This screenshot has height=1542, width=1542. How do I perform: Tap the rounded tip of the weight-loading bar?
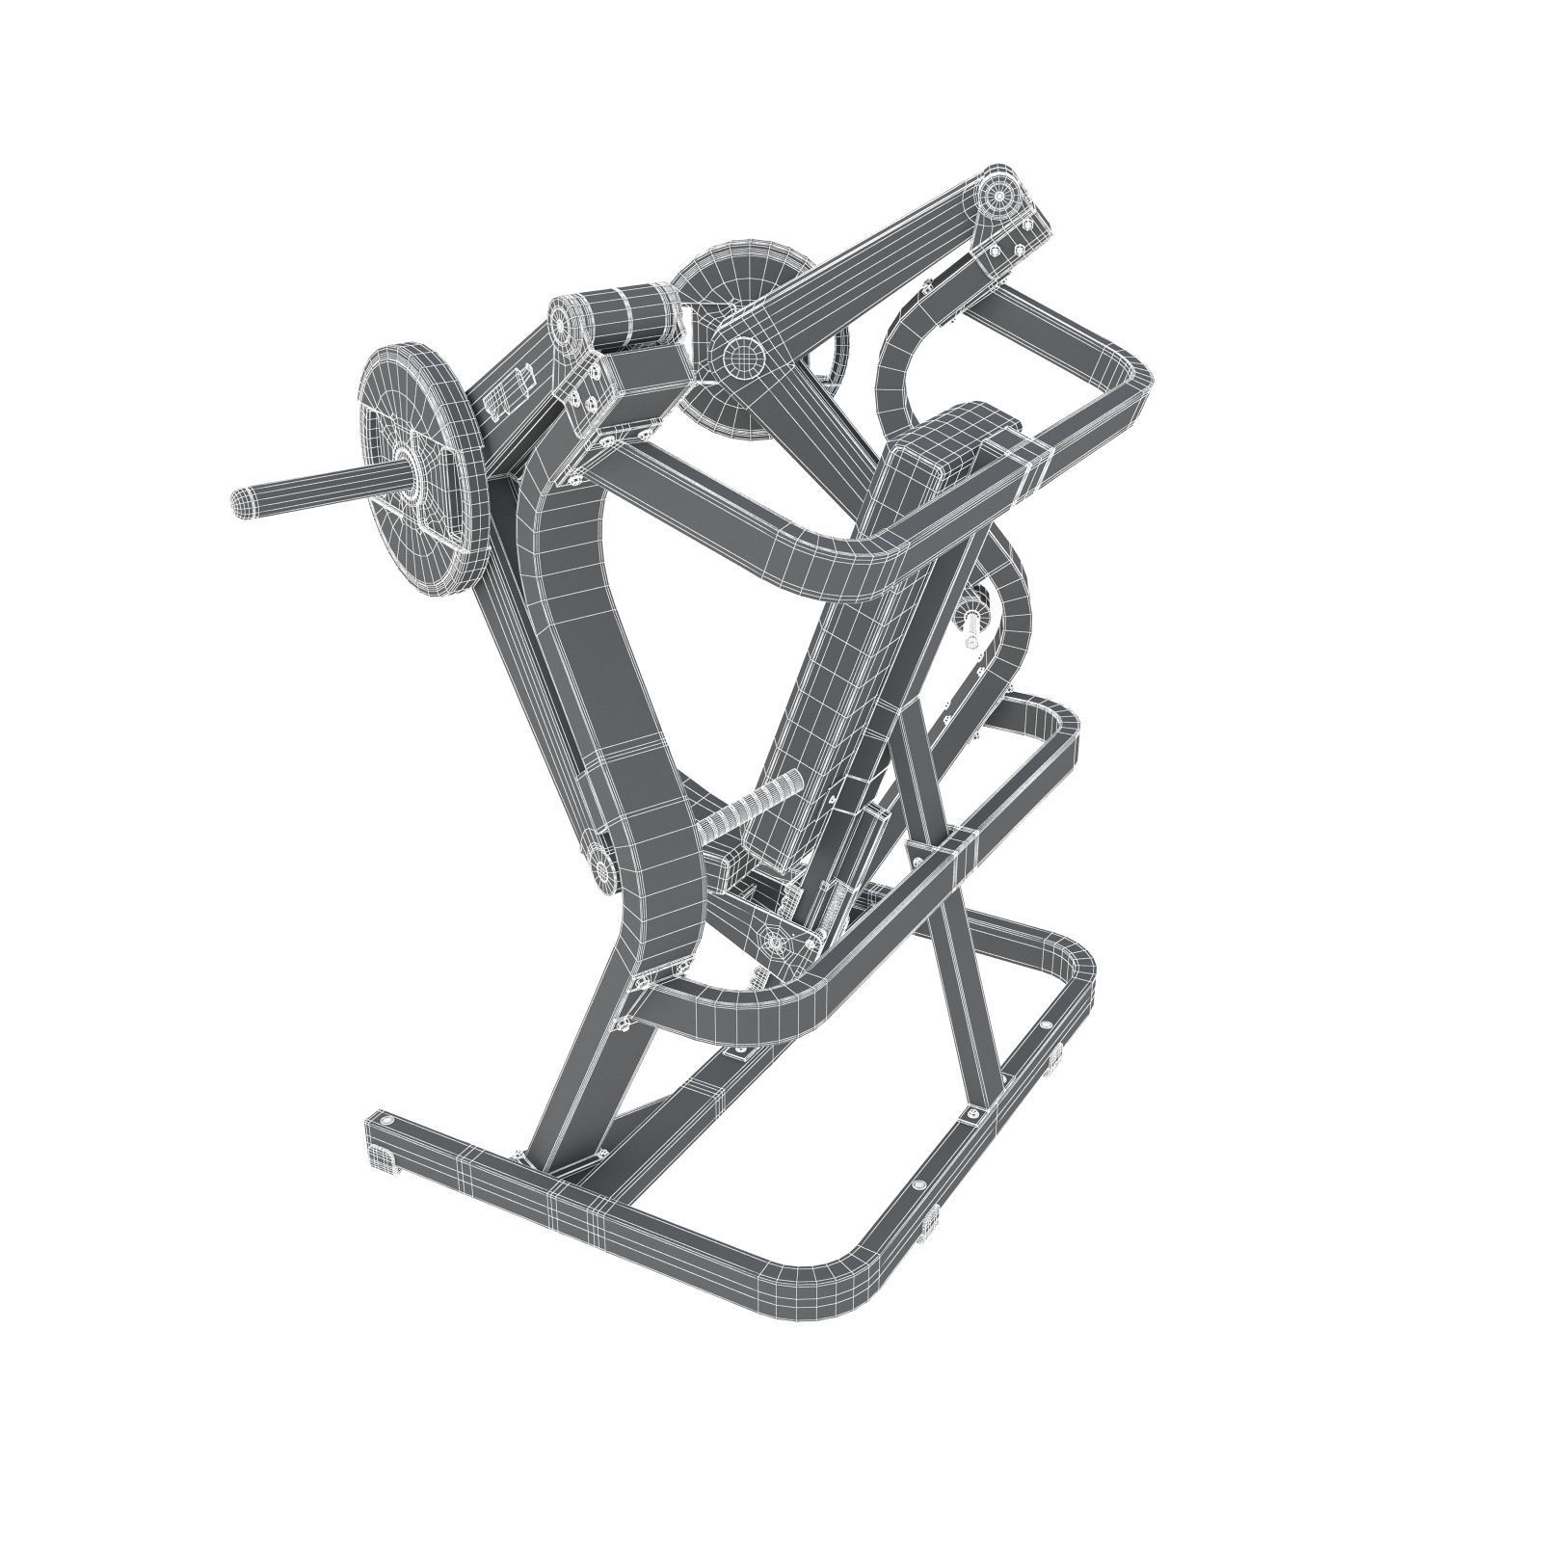242,501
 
